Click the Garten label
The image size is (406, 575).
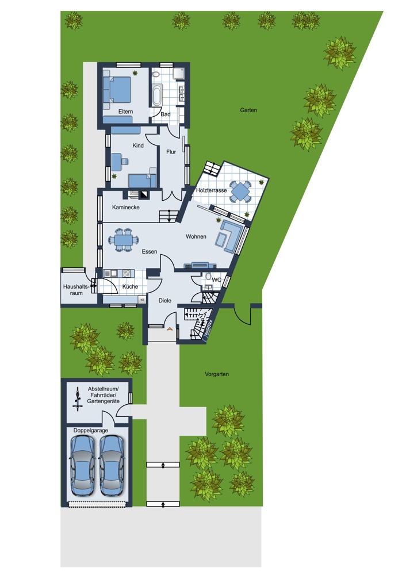(x=248, y=110)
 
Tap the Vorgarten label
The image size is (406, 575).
(x=217, y=374)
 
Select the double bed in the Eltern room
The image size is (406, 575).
(x=117, y=90)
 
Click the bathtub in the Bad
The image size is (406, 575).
(x=158, y=95)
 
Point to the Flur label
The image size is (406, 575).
(x=171, y=152)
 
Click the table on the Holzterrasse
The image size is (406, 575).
(x=240, y=191)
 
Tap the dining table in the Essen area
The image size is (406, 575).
(x=123, y=240)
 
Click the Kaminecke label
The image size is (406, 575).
(x=126, y=207)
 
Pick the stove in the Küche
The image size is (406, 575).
(x=127, y=273)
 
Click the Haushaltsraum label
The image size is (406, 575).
(x=76, y=290)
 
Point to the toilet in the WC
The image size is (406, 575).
(x=208, y=277)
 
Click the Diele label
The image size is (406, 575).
(x=164, y=300)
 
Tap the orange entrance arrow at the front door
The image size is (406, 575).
(x=169, y=329)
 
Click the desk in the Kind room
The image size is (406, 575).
(x=117, y=160)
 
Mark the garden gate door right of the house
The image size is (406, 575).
(x=243, y=315)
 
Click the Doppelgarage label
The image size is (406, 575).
(x=91, y=430)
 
